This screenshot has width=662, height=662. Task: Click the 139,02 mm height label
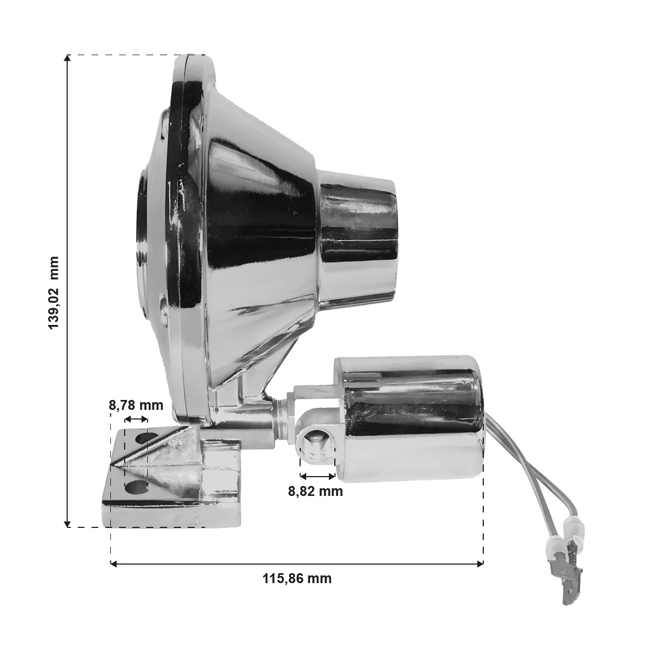point(54,293)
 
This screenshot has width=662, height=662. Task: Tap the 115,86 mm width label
point(297,579)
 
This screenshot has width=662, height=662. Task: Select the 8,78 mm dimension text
point(136,405)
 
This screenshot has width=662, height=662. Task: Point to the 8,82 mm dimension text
point(316,492)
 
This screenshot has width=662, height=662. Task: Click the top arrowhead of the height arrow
point(67,58)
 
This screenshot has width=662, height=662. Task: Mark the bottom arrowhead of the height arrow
point(67,524)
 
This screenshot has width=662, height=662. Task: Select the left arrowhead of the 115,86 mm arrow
point(114,563)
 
